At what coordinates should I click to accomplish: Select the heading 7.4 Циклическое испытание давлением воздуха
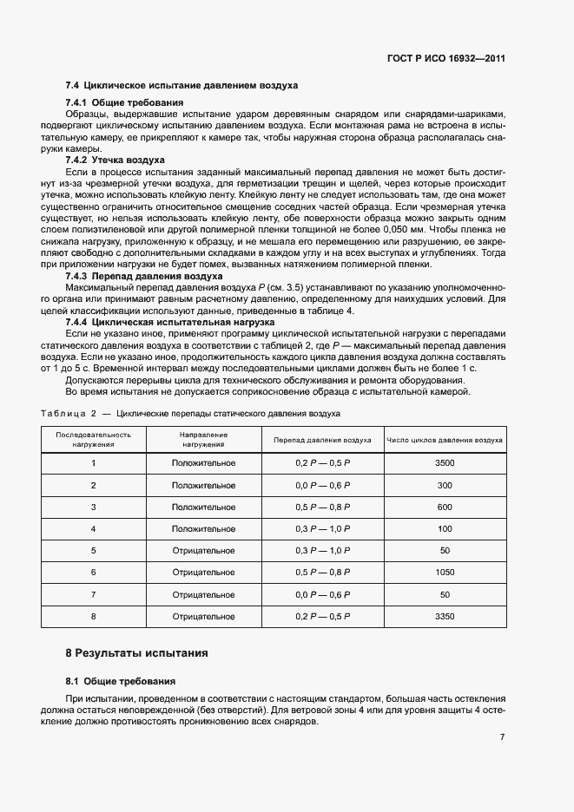point(181,86)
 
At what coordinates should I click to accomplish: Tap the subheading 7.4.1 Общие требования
point(124,103)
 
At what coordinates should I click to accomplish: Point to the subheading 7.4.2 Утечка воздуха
point(115,160)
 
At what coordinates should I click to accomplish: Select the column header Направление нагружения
point(203,439)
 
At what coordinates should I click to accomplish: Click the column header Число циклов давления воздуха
point(445,440)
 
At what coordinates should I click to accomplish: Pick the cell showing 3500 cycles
point(445,462)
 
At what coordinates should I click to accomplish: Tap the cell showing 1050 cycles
point(445,573)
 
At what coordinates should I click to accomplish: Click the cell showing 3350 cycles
point(445,616)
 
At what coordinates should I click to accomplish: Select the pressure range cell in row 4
point(322,528)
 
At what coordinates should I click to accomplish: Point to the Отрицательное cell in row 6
point(203,573)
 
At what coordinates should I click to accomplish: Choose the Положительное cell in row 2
point(203,485)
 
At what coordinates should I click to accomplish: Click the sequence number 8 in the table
point(93,616)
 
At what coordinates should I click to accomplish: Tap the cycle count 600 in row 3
point(445,507)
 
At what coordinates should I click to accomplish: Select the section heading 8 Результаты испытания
point(137,652)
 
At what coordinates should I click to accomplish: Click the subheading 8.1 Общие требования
point(121,681)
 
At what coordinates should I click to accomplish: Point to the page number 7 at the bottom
point(502,737)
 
